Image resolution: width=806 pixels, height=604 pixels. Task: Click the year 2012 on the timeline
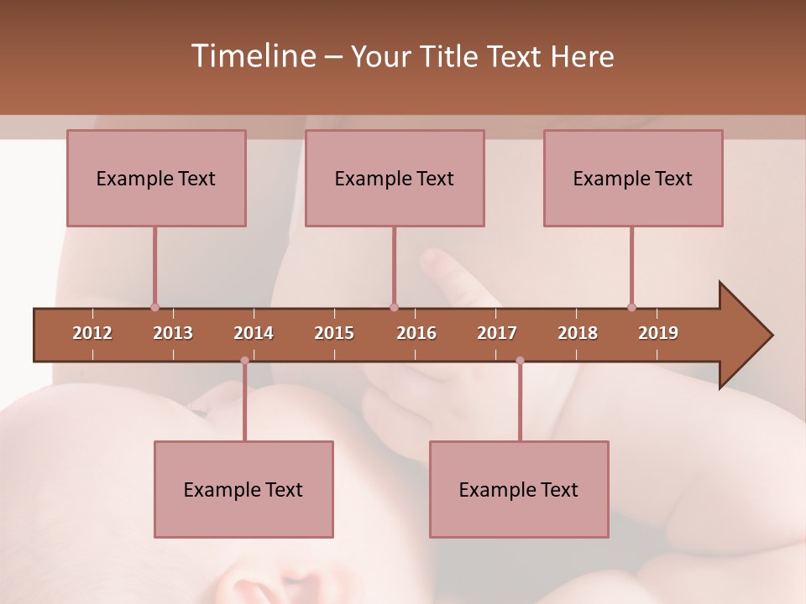92,333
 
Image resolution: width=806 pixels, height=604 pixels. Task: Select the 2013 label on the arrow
173,333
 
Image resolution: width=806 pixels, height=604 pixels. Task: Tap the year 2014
254,333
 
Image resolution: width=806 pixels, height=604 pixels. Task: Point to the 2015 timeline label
334,333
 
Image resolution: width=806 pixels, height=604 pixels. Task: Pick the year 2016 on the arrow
416,333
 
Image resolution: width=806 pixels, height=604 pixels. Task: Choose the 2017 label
497,333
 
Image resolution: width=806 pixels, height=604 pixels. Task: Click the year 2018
578,333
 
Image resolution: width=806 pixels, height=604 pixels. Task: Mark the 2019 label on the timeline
658,333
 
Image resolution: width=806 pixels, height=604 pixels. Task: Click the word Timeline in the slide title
252,56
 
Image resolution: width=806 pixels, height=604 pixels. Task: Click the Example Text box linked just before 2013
156,178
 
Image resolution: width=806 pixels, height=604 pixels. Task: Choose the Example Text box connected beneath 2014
243,489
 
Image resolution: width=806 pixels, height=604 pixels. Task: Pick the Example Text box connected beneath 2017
519,489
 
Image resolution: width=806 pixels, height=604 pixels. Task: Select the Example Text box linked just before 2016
395,178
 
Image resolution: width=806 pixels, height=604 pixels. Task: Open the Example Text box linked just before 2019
633,178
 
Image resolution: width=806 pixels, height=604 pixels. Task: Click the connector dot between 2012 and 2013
154,307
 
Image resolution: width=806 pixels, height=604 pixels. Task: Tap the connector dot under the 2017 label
520,361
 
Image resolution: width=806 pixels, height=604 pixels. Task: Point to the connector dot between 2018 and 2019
631,307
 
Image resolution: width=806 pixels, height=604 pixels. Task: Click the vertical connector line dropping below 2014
244,403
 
